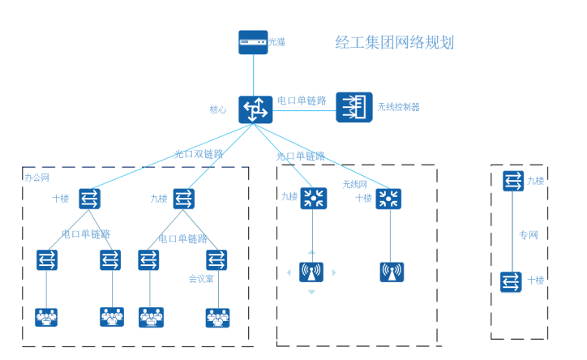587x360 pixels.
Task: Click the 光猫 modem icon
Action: [253, 42]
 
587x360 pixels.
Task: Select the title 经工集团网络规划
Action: [395, 43]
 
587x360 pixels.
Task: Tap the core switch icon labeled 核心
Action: [255, 109]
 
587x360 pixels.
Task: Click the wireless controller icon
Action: [354, 107]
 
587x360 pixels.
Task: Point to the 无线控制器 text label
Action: [399, 107]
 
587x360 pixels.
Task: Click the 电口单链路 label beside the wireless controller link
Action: [302, 101]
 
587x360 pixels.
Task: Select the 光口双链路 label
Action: [199, 153]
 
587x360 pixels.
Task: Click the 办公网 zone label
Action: [37, 177]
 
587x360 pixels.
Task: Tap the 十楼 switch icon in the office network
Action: [90, 198]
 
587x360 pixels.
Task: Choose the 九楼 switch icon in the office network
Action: [184, 198]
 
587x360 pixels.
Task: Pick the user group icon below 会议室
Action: [217, 316]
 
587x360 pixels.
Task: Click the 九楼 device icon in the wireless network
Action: [312, 199]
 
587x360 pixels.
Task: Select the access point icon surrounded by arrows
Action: [311, 272]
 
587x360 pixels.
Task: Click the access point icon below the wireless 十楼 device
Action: [391, 272]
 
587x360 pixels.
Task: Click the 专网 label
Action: [529, 235]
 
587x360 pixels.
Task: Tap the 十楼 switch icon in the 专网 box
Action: [512, 281]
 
